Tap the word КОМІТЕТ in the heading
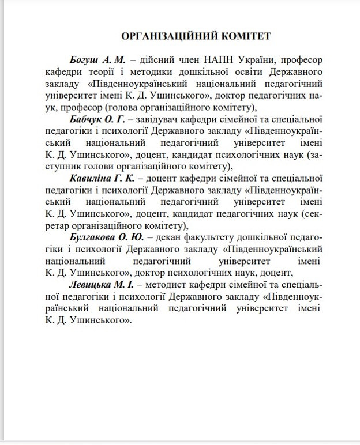point(240,36)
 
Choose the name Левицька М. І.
point(98,284)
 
